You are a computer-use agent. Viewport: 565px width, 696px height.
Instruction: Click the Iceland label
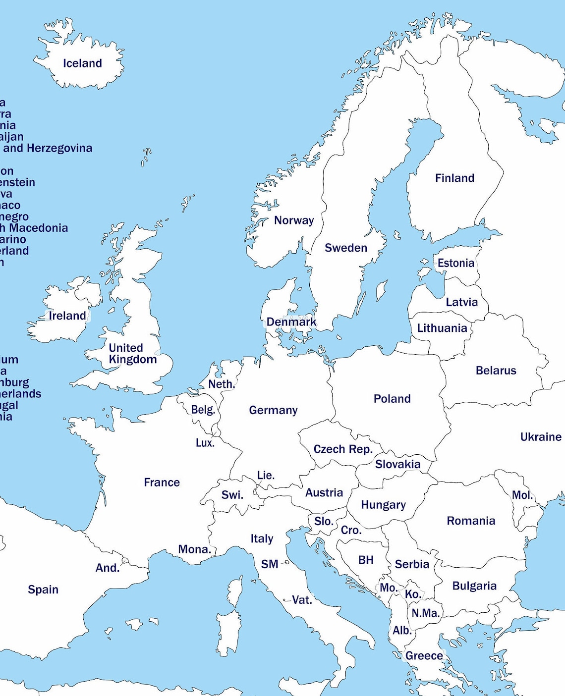82,63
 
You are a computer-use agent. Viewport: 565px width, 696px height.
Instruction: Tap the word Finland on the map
454,178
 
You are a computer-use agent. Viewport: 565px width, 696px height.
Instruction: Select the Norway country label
294,220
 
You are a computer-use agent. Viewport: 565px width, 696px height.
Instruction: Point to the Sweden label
346,248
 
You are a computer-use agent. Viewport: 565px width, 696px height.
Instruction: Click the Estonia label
455,263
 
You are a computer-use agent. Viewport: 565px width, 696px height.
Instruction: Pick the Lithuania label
442,328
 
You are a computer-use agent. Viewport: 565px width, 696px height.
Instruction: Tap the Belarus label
496,371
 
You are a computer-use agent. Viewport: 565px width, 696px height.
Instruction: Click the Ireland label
67,316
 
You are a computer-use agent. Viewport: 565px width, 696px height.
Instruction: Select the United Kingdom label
132,354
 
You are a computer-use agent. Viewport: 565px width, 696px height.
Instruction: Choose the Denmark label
291,322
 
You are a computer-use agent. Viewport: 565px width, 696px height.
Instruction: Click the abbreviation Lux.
205,443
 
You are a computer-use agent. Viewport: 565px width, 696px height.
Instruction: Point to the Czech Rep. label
343,449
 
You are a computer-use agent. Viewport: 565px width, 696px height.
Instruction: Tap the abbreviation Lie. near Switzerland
266,476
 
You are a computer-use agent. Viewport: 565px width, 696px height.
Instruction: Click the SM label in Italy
270,564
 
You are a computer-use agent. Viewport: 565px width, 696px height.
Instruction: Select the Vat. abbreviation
302,600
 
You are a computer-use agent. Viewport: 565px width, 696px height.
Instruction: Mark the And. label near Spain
108,568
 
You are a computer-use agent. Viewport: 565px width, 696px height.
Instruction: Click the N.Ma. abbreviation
426,613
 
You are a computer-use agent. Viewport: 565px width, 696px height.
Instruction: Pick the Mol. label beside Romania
522,495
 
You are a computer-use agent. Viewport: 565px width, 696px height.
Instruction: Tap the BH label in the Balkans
366,560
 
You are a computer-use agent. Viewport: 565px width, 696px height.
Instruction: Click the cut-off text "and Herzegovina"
48,148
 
